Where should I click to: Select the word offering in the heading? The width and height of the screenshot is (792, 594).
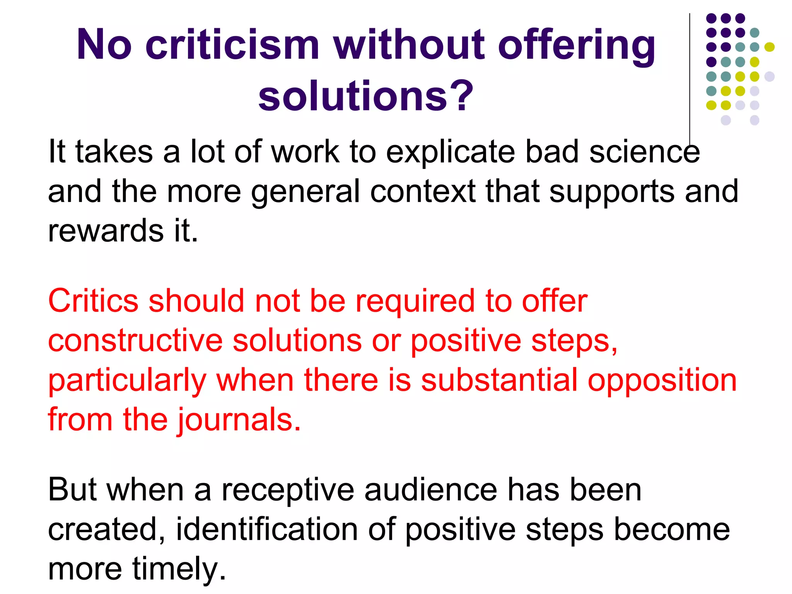[577, 46]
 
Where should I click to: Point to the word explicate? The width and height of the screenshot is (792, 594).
[451, 152]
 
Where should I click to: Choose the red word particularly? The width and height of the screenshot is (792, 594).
[127, 381]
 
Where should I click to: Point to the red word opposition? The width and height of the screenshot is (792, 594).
[662, 381]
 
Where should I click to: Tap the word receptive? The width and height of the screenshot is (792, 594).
[288, 490]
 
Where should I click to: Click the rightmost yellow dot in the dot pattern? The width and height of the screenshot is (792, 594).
[770, 47]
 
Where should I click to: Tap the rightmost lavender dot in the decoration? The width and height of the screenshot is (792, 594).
[770, 76]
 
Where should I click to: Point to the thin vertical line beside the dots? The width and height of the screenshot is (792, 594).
[690, 77]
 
